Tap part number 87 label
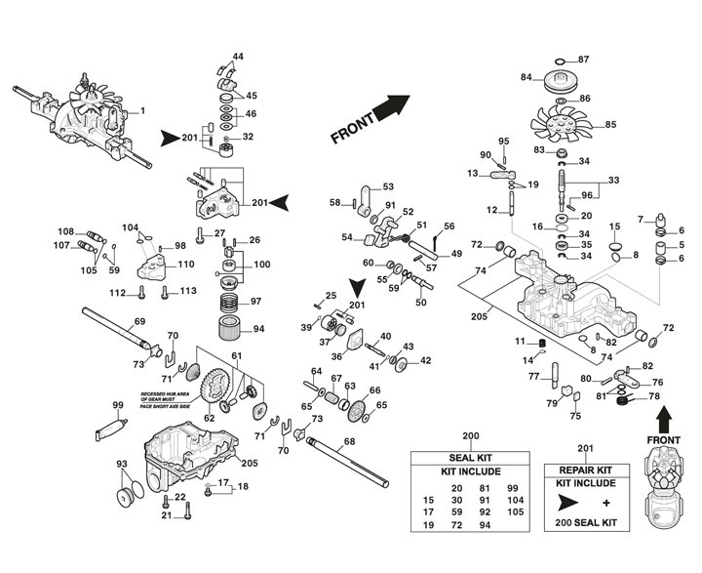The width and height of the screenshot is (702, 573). click(x=611, y=60)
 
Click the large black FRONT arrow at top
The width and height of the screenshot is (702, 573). click(x=390, y=105)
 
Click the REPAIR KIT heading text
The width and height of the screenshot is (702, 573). click(x=583, y=469)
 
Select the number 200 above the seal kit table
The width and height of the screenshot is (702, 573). click(x=470, y=435)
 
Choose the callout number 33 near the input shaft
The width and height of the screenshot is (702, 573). click(x=613, y=182)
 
